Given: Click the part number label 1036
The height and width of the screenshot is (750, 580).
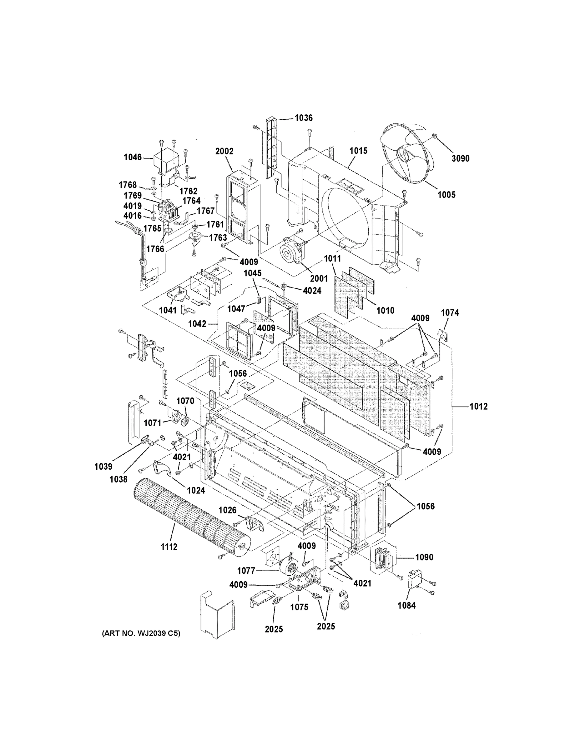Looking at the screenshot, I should (x=303, y=118).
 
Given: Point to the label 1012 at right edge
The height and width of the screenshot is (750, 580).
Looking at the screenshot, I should (x=478, y=407).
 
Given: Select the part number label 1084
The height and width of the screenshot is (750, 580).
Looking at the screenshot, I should (x=406, y=605).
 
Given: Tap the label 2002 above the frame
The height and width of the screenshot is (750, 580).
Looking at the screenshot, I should (x=224, y=152).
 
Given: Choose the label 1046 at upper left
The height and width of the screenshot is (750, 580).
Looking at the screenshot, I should (x=133, y=157).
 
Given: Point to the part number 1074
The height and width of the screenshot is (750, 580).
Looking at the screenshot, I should (x=450, y=312).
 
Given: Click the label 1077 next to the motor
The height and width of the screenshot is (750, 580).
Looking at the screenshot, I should (x=246, y=571).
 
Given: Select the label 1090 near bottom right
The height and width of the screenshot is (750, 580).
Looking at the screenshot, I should (x=424, y=557).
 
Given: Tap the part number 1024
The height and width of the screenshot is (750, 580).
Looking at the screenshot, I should (x=196, y=490).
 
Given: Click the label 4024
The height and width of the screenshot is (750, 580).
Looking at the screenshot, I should (x=312, y=291).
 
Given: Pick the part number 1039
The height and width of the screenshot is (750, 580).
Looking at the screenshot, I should (x=103, y=466).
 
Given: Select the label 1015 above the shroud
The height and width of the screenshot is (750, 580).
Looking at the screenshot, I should (x=358, y=151).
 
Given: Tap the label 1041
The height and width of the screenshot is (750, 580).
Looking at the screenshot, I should (x=168, y=310).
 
